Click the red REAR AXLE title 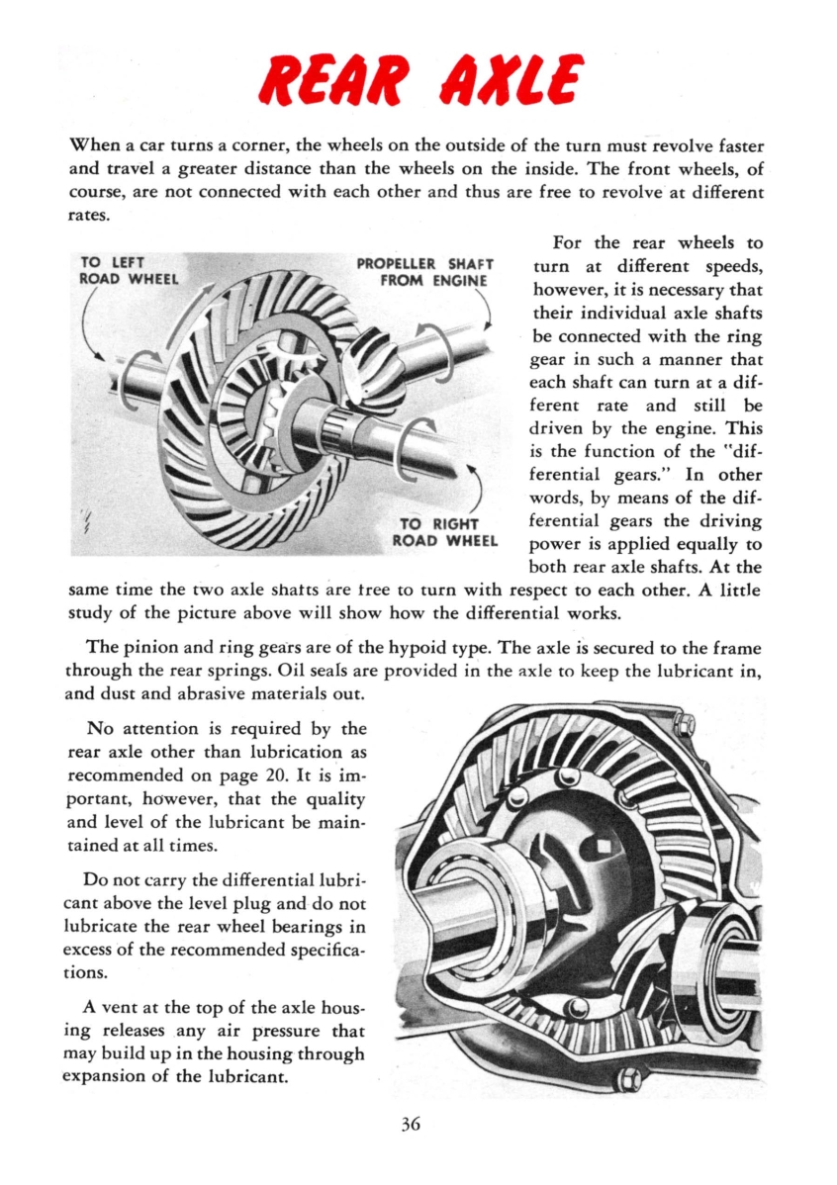click(x=418, y=81)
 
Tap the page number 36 click(x=413, y=1123)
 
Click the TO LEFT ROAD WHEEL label click(x=127, y=270)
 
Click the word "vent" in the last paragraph click(x=121, y=1006)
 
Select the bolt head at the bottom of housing click(x=627, y=1078)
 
